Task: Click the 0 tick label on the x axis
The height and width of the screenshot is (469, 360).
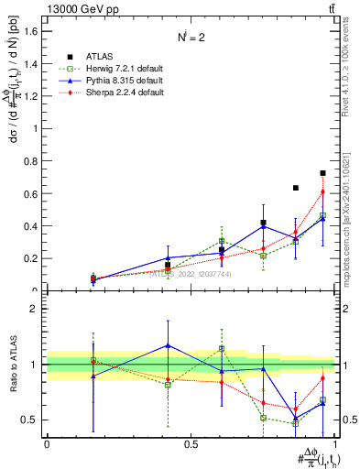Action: click(x=47, y=443)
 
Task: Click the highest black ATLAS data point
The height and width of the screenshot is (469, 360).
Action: click(x=322, y=173)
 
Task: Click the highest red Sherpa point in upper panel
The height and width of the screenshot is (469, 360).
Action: click(x=322, y=191)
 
